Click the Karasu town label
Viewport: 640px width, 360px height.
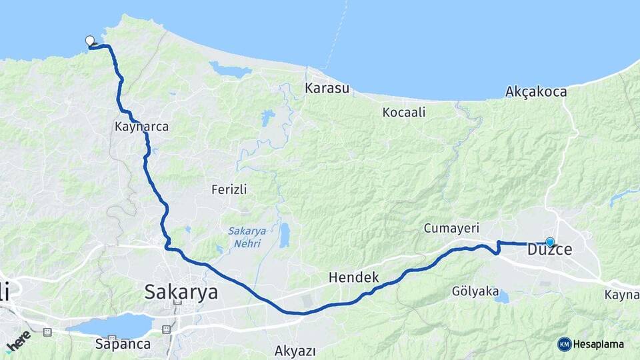pos(327,88)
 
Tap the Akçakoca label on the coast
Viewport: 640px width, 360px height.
pos(536,91)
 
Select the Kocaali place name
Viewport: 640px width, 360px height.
pos(404,112)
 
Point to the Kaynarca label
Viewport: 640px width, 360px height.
pos(141,126)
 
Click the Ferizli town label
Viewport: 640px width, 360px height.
pos(229,189)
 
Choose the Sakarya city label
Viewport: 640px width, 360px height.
pos(181,291)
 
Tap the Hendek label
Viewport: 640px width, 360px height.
pos(353,277)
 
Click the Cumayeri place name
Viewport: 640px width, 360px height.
pos(451,228)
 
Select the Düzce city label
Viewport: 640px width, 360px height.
pos(550,250)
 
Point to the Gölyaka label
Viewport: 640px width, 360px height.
pos(475,291)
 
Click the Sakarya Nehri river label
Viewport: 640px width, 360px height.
pos(247,237)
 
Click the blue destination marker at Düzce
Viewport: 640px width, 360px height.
pos(549,243)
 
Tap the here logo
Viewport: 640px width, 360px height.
pos(18,341)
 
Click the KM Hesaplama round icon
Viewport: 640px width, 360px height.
pos(565,344)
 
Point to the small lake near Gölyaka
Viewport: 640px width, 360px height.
pos(501,297)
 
